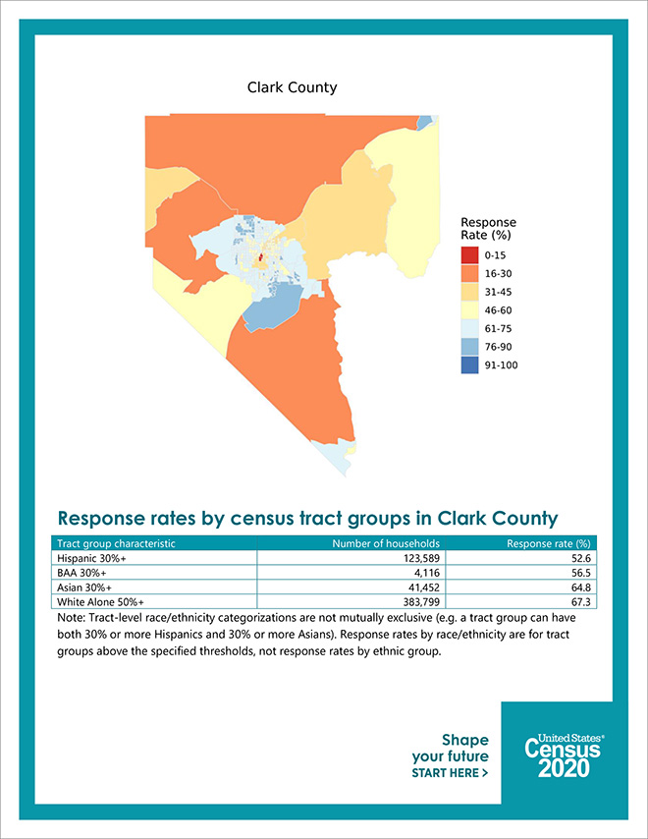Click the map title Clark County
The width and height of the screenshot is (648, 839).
coord(292,87)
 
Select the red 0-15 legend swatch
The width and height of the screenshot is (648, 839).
coord(469,255)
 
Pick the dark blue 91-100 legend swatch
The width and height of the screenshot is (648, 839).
coord(469,364)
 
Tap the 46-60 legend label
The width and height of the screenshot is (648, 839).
coord(499,310)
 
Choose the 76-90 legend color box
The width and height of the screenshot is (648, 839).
coord(469,347)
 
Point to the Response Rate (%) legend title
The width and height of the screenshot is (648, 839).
coord(489,229)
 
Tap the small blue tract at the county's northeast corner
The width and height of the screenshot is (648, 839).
coord(424,123)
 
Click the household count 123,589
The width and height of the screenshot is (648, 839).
coord(421,558)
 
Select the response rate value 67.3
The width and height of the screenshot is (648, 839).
coord(580,602)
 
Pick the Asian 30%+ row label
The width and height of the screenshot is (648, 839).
coord(84,587)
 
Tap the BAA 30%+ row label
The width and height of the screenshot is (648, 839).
coord(81,573)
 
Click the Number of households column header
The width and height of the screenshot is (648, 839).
coord(386,543)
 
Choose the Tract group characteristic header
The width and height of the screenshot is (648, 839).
coord(116,543)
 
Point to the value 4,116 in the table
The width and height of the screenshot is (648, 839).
coord(427,573)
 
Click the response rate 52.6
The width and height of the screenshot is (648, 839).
coord(580,558)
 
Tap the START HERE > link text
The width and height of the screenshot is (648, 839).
coord(450,773)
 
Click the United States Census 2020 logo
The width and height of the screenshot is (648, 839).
coord(564,755)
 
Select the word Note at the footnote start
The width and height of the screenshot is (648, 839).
coord(70,618)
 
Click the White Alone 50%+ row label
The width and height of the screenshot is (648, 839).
coord(100,602)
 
